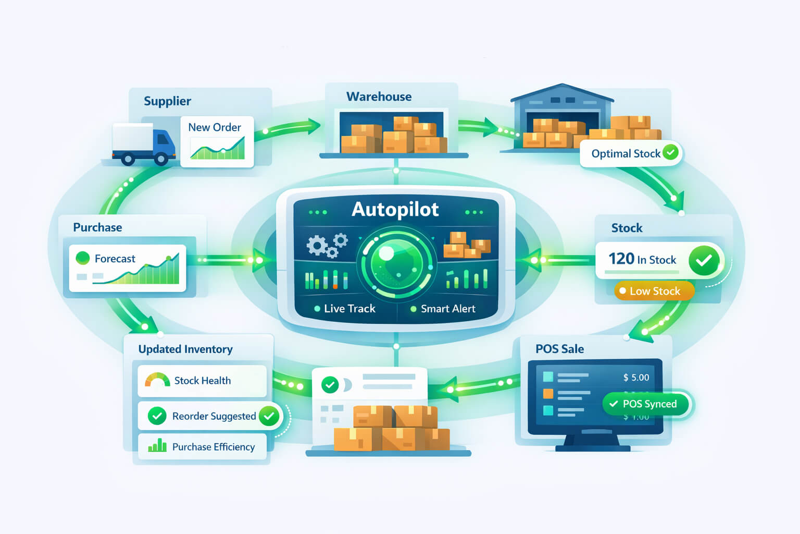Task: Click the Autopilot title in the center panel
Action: [395, 209]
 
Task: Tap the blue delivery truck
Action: [143, 144]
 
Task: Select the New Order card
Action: [217, 141]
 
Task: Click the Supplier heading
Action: [167, 101]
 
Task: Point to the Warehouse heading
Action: [379, 96]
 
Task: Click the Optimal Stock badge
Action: [631, 153]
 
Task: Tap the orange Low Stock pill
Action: [654, 291]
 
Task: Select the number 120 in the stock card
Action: [621, 259]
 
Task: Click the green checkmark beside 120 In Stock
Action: [704, 260]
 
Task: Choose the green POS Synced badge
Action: [645, 404]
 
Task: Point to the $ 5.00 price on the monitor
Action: [636, 378]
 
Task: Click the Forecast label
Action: [115, 259]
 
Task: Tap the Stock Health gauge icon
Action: [157, 380]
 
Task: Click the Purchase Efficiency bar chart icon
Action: [157, 446]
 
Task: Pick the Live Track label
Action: [349, 309]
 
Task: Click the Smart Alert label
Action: [447, 309]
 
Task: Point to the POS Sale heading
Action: [559, 349]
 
